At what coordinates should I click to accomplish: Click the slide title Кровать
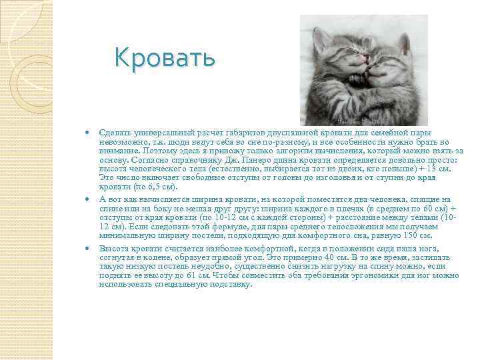pos(165,58)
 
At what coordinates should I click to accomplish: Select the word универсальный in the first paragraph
pos(159,133)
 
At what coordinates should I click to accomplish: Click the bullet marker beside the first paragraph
pos(87,133)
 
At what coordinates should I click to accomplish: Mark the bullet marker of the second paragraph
pos(87,199)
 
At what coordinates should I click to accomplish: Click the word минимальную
pos(127,235)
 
